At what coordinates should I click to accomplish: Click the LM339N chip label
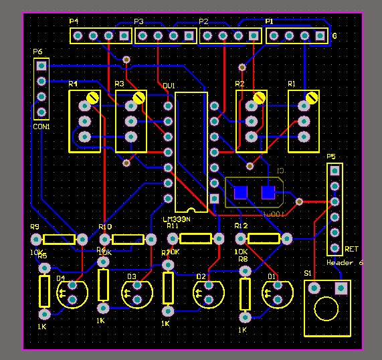click(177, 219)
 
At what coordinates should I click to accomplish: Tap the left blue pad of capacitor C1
click(240, 193)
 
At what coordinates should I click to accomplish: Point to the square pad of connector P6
click(41, 66)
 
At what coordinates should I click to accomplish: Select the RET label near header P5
click(351, 249)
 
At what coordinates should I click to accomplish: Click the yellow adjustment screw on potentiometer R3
click(138, 98)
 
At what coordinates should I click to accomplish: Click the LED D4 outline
click(72, 293)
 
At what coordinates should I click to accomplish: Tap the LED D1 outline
click(276, 293)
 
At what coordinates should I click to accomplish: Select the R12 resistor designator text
click(241, 226)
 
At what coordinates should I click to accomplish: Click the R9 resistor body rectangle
click(59, 239)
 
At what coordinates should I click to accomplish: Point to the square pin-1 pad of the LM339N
click(214, 199)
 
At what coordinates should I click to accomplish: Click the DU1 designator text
click(169, 86)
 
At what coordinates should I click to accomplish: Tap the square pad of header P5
click(335, 170)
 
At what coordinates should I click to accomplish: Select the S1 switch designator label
click(307, 274)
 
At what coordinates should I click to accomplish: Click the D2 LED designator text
click(201, 276)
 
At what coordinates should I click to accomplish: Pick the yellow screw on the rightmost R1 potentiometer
click(311, 98)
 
